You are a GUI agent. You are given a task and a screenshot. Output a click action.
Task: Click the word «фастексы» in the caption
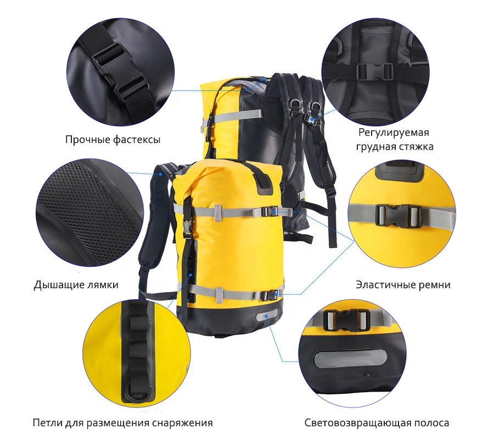click(137, 140)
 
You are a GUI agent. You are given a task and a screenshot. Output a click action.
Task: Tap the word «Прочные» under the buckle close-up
click(87, 140)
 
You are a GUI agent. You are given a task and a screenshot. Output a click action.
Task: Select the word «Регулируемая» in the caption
click(394, 132)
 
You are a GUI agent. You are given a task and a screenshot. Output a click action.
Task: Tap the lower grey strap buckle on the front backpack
click(268, 296)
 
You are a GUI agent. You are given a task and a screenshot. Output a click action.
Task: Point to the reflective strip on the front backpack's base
click(267, 315)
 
